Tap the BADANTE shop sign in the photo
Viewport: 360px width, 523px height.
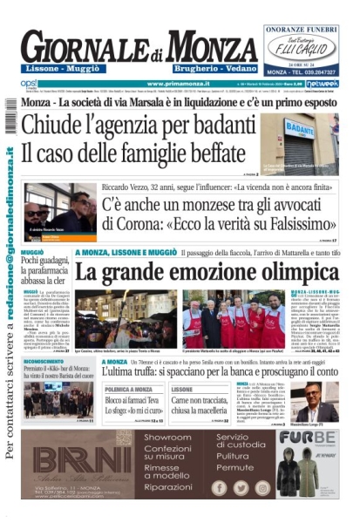[299, 129]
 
